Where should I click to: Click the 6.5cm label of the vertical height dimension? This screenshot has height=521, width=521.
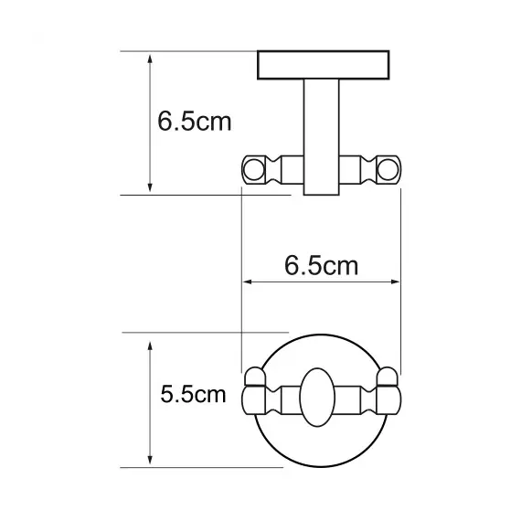tap(195, 122)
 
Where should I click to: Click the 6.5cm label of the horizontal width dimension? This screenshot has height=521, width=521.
tap(321, 266)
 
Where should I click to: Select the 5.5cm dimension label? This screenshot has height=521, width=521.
tap(192, 395)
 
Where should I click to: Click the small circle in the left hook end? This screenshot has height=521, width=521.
tap(253, 169)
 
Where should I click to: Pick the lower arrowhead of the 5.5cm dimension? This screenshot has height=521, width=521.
tap(150, 460)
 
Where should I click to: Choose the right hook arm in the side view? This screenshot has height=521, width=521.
tap(364, 169)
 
